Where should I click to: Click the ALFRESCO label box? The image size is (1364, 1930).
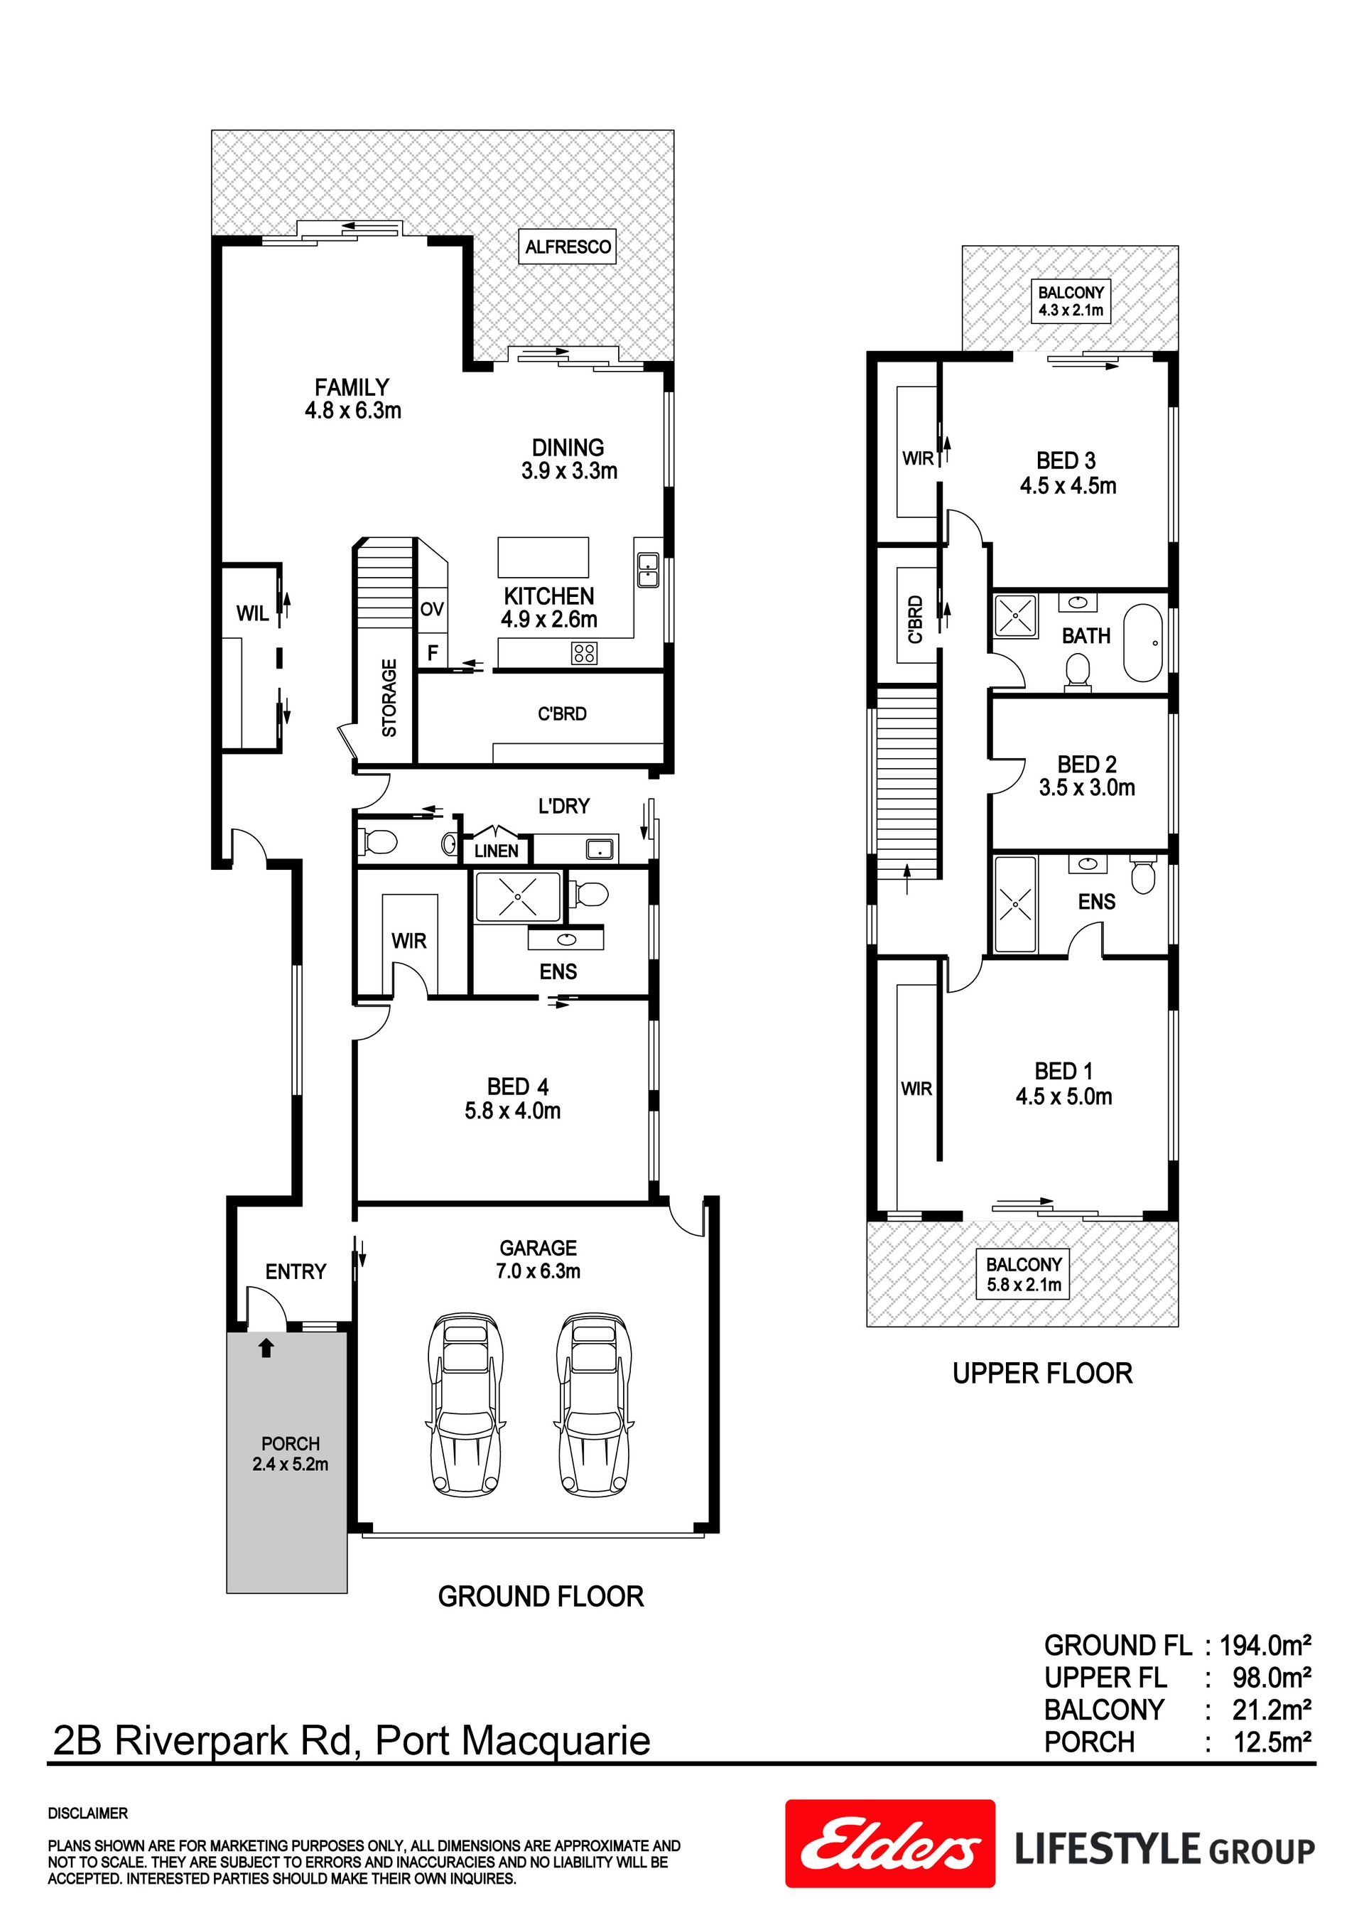(568, 247)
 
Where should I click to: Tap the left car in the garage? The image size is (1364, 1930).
(468, 1406)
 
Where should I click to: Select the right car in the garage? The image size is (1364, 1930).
(593, 1406)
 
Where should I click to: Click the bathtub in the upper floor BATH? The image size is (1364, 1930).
(1143, 643)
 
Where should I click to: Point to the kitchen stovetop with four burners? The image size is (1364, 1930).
(584, 652)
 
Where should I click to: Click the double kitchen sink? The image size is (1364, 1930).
(648, 570)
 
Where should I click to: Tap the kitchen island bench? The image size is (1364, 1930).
(543, 557)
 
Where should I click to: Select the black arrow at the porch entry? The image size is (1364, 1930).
(266, 1347)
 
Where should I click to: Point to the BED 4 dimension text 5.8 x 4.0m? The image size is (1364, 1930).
(513, 1111)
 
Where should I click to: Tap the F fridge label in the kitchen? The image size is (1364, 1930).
(433, 652)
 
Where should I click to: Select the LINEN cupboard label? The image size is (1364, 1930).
(496, 851)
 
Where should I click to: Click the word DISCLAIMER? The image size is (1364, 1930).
(88, 1813)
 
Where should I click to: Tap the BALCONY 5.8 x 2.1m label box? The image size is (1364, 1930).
(1024, 1274)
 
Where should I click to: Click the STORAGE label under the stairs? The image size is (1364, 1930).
(389, 698)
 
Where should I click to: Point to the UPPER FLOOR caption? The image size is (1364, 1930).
(1042, 1374)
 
